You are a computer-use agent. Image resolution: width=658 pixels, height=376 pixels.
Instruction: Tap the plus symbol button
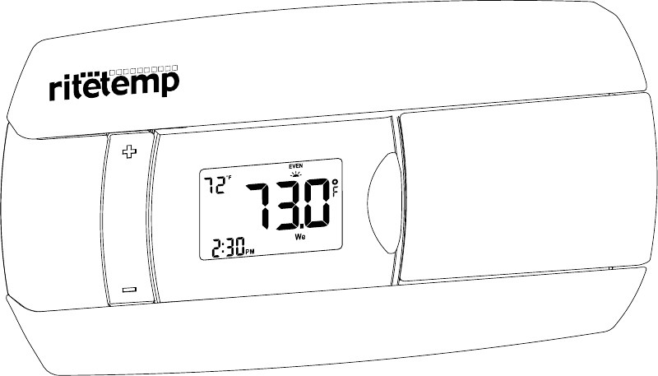127,153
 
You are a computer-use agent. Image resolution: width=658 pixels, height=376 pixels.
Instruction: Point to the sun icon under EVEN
297,174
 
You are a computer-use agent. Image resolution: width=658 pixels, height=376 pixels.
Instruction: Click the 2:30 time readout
227,247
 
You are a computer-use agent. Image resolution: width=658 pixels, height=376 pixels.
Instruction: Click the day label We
301,238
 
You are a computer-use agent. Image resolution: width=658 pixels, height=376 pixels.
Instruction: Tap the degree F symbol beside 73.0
336,188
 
